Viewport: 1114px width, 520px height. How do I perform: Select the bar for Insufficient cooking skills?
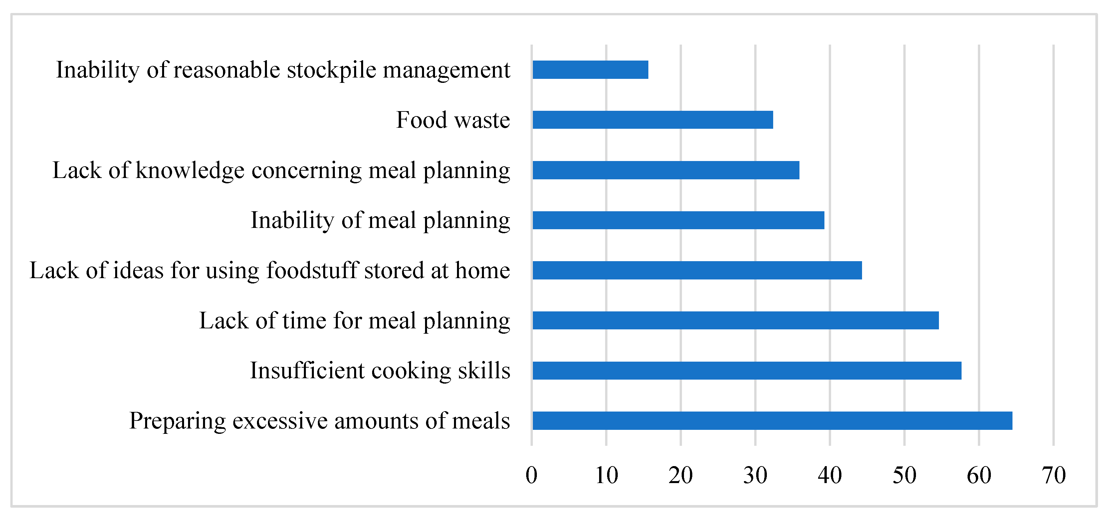(747, 370)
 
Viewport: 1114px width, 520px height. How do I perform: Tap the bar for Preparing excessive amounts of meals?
(773, 421)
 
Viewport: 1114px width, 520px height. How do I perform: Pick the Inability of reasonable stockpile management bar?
(590, 70)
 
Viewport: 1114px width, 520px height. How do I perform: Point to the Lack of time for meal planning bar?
(735, 320)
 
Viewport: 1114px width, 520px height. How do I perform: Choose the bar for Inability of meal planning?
(678, 220)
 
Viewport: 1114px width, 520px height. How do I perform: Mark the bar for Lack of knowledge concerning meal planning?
(666, 170)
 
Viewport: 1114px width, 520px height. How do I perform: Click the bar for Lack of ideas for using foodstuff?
(697, 270)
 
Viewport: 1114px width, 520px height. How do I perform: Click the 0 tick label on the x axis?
(532, 475)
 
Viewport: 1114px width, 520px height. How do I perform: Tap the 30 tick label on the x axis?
(755, 475)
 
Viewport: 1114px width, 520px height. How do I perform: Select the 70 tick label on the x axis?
(1053, 475)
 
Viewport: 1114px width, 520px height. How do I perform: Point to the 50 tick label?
(904, 475)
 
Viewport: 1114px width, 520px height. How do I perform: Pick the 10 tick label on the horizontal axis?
(606, 475)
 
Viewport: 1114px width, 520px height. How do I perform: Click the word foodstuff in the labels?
(312, 270)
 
